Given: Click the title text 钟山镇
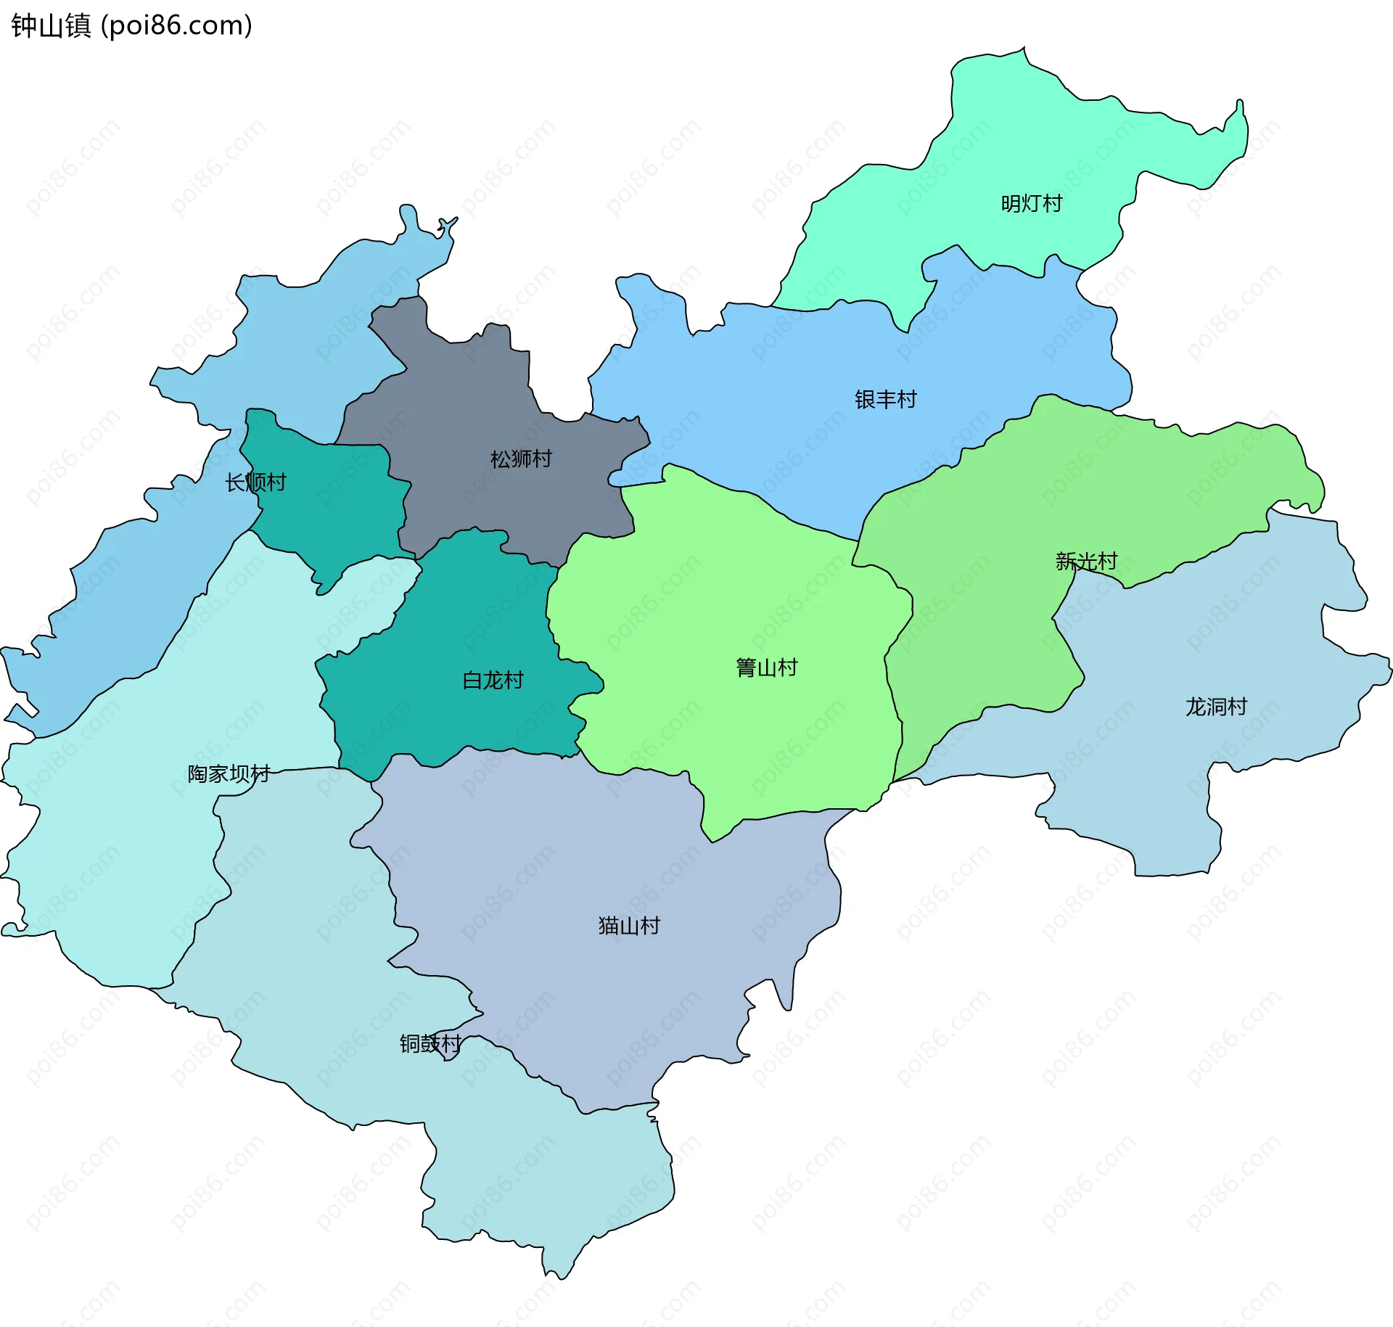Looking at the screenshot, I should tap(51, 26).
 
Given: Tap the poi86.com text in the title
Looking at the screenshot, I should tap(176, 26).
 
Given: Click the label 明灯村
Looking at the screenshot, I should tap(1031, 203).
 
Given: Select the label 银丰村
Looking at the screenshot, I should tap(885, 399).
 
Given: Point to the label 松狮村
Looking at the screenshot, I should tap(521, 459).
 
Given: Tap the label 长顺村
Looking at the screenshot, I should tap(255, 482).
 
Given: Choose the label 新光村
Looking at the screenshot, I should tap(1086, 561).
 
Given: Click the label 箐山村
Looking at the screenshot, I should tap(766, 667).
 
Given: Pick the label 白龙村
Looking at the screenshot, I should tap(493, 680).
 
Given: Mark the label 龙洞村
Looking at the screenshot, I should tap(1216, 706).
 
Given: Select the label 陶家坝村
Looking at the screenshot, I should tap(229, 773).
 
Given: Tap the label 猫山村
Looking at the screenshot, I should tap(629, 925).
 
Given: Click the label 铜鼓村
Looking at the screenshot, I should tap(430, 1043).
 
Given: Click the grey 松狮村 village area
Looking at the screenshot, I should tap(472, 392).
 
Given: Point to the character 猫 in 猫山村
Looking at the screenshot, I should tap(608, 925).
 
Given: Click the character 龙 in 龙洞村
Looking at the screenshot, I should tap(1196, 706).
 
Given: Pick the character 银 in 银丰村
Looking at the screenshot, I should tap(865, 399).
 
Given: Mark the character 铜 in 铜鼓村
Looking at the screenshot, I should tap(410, 1043).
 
